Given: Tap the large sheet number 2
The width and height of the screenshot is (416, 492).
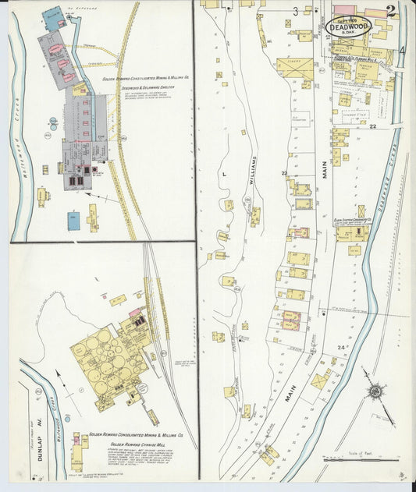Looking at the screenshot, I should (390, 11).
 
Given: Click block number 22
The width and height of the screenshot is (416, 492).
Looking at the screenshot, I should (373, 126).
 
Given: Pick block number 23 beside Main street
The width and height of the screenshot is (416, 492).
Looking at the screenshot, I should (285, 173).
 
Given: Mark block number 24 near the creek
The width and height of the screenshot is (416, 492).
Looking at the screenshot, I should (340, 346).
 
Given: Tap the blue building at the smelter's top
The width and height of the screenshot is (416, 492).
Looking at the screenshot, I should (53, 16).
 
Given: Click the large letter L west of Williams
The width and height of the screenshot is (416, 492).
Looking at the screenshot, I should (223, 174).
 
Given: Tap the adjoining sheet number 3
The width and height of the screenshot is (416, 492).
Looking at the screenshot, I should (296, 11).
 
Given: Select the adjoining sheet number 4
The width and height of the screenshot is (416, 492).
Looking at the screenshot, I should (402, 51).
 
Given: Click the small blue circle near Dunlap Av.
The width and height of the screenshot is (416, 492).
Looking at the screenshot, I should (79, 388).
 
